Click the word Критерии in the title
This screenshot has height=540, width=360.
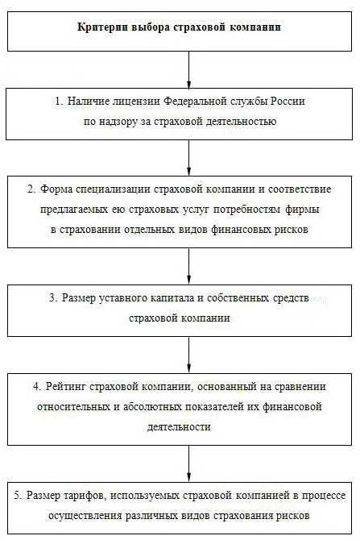pyautogui.click(x=102, y=27)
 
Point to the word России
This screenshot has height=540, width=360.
pyautogui.click(x=288, y=102)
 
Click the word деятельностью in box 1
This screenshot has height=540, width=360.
pyautogui.click(x=241, y=122)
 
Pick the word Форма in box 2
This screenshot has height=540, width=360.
pyautogui.click(x=56, y=189)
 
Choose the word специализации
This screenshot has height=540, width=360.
pyautogui.click(x=113, y=189)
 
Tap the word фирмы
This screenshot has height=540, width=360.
pyautogui.click(x=302, y=210)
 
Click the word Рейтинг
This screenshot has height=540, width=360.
pyautogui.click(x=65, y=386)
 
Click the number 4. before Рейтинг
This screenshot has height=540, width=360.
pyautogui.click(x=38, y=386)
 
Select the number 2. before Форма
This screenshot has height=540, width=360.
pyautogui.click(x=31, y=189)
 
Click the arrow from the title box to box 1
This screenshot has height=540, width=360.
pyautogui.click(x=188, y=70)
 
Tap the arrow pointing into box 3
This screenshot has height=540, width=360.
pyautogui.click(x=188, y=266)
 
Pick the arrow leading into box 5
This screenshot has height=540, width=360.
pyautogui.click(x=188, y=463)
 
